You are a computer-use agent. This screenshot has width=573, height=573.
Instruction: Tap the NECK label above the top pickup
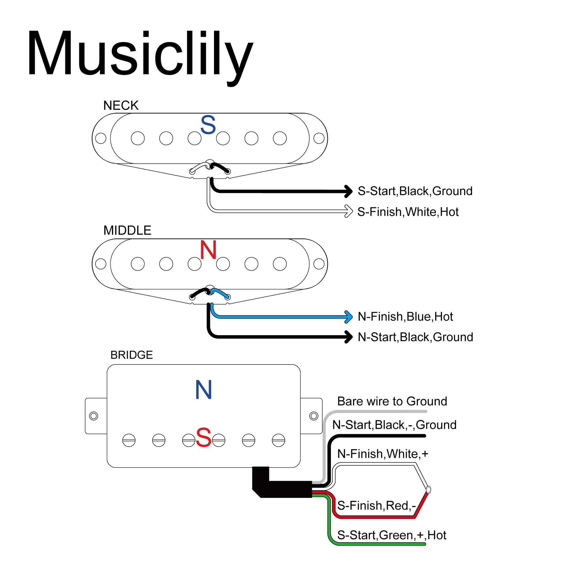(121, 106)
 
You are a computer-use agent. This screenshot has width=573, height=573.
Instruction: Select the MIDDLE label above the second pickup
(127, 230)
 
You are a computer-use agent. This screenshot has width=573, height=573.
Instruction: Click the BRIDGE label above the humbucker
(131, 355)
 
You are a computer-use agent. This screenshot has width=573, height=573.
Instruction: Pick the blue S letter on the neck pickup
(208, 125)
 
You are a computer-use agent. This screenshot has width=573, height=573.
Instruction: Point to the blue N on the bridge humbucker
(203, 390)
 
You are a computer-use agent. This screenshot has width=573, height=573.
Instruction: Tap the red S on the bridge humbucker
(203, 438)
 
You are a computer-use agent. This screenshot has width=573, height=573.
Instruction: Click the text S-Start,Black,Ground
(415, 191)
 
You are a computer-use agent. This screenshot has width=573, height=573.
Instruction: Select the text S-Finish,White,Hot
(408, 212)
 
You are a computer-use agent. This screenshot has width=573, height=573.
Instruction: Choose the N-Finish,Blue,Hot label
(405, 317)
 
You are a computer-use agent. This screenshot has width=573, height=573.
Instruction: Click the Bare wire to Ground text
(392, 401)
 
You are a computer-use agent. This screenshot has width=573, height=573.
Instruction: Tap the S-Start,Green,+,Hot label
(391, 535)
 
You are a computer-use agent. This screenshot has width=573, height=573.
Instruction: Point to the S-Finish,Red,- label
(376, 506)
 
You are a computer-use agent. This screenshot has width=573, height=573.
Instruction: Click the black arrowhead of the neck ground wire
(348, 191)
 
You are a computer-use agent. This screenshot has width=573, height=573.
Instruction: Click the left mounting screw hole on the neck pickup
(101, 138)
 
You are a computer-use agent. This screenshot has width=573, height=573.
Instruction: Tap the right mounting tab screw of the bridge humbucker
(313, 416)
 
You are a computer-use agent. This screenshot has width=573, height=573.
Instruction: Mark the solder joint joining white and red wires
(428, 490)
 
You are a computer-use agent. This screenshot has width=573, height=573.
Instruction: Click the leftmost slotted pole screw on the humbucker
(129, 441)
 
